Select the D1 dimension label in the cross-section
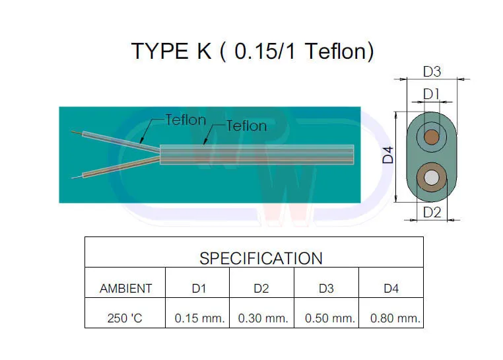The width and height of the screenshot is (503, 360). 431,94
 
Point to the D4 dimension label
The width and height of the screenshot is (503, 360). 389,156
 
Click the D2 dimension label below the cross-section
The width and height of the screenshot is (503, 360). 431,212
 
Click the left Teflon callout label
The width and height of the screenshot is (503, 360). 185,120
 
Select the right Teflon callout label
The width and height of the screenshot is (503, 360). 246,126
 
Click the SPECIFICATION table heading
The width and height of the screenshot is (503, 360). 261,258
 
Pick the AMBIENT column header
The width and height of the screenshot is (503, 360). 125,289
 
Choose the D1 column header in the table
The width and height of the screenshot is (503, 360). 198,289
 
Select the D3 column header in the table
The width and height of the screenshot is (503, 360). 327,289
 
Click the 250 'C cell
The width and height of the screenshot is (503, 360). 125,318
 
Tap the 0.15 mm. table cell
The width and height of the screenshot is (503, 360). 199,318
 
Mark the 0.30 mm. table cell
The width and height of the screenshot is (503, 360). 263,318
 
